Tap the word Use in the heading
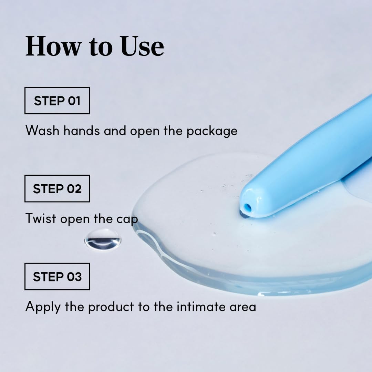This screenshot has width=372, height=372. click(x=142, y=46)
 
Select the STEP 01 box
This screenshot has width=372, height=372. click(x=57, y=101)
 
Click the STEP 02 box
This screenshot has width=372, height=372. click(x=57, y=189)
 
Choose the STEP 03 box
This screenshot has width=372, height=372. click(x=57, y=277)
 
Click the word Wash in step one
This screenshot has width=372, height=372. click(x=42, y=131)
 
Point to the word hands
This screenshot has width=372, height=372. click(x=82, y=131)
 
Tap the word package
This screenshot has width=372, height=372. click(x=212, y=132)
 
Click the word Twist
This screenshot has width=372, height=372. click(x=41, y=218)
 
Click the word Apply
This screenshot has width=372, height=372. click(x=43, y=307)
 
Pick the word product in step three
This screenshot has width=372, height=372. click(x=111, y=307)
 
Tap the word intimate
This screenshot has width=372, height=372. click(x=201, y=307)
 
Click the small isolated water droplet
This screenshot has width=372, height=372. click(x=103, y=239)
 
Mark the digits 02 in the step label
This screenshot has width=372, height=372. click(x=74, y=189)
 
